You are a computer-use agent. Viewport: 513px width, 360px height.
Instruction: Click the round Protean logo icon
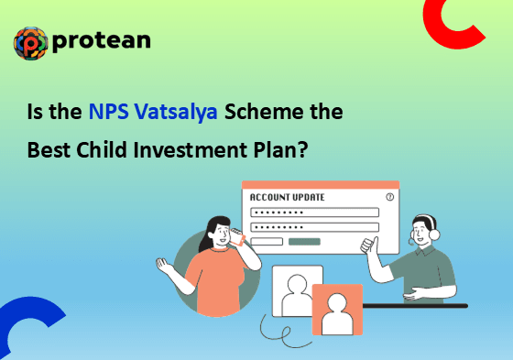click(x=31, y=43)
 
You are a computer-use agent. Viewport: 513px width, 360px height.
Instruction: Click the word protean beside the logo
click(x=102, y=41)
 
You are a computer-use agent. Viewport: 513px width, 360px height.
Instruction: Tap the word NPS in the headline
click(x=109, y=111)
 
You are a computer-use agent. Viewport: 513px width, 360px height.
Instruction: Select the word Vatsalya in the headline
click(x=176, y=113)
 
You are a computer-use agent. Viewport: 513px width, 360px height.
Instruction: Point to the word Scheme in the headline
click(x=265, y=111)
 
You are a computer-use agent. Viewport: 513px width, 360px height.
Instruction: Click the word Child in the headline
click(x=102, y=149)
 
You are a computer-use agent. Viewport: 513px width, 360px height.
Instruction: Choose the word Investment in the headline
click(x=191, y=149)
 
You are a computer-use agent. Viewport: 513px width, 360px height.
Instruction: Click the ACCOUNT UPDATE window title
click(x=287, y=197)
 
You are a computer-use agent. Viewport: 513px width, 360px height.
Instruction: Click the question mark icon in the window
click(x=389, y=197)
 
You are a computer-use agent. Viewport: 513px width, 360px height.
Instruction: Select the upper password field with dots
click(x=314, y=213)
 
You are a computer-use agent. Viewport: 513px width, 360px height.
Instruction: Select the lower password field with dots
click(x=314, y=227)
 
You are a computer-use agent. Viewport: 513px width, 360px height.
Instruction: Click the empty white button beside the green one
click(x=267, y=242)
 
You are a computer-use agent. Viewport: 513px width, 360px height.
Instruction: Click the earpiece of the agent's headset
click(x=434, y=235)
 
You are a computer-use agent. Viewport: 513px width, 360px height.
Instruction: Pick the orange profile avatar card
click(x=337, y=310)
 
